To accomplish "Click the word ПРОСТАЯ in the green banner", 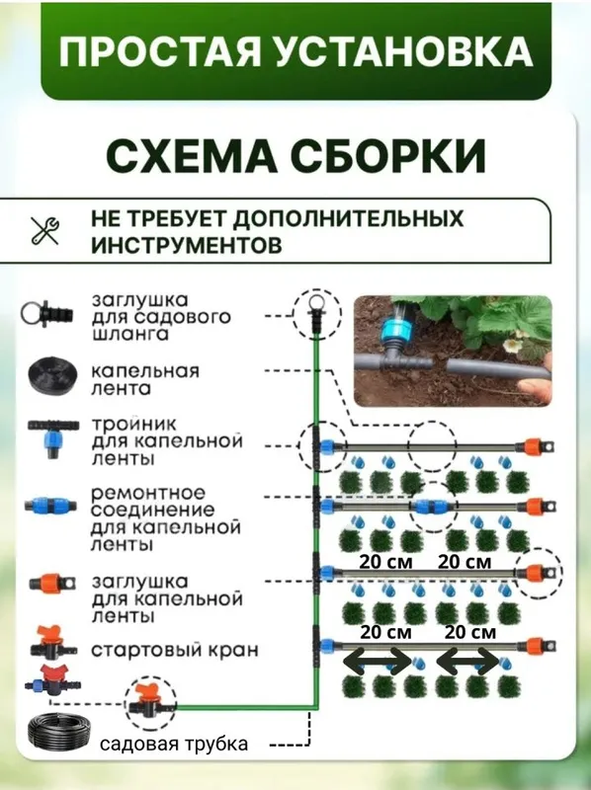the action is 159,51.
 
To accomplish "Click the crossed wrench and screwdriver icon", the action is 44,231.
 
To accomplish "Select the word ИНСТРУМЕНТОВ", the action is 187,245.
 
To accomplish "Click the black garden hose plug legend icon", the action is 46,313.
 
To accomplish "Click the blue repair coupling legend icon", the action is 51,505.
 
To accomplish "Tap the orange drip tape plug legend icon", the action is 52,584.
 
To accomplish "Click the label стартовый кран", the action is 175,650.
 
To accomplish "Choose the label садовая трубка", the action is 174,744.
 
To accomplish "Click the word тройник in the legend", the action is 133,425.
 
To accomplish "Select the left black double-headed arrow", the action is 378,661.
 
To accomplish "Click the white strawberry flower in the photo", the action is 512,344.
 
